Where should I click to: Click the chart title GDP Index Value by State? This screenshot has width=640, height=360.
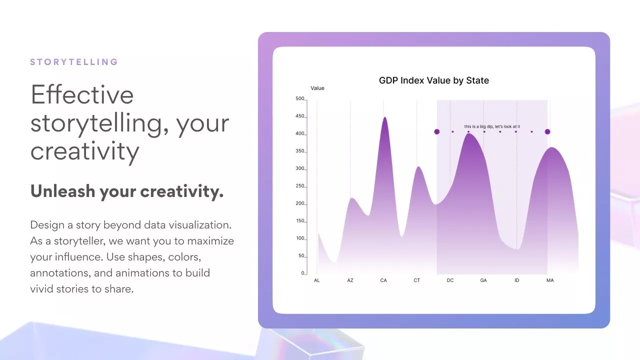433,80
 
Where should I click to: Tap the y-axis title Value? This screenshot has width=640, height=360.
317,88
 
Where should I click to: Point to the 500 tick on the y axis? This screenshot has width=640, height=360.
299,98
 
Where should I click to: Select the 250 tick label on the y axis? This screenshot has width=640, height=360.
299,186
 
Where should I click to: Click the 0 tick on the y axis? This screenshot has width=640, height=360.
303,273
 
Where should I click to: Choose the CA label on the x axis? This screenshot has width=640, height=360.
383,280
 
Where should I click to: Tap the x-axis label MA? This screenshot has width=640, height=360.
550,280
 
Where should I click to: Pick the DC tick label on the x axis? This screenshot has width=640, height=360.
450,280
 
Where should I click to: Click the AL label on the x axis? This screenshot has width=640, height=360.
317,280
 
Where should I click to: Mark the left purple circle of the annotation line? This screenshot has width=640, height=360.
437,131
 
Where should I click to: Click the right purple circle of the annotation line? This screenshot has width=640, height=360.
547,131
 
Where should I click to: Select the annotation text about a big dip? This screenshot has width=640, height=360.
492,126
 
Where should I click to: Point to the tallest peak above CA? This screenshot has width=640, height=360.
385,117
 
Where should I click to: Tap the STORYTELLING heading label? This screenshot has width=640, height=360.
74,62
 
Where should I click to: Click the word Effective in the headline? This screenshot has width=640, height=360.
82,94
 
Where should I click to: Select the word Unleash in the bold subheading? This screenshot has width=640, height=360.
62,191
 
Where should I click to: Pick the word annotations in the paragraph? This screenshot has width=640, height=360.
60,273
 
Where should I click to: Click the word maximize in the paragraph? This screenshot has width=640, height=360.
210,241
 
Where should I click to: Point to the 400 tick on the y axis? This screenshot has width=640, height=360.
299,133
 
